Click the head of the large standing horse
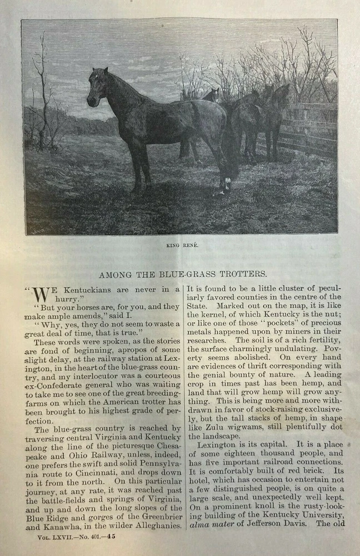(x=97, y=87)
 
